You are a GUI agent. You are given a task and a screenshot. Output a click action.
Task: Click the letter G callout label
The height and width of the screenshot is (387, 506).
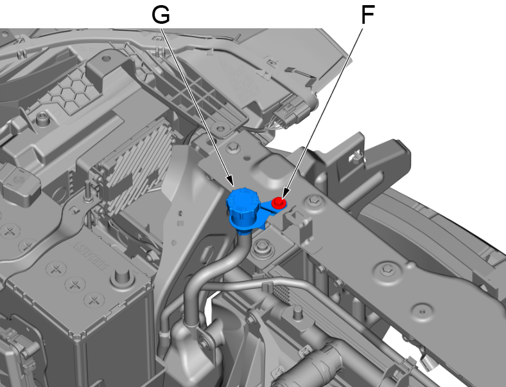(x=161, y=15)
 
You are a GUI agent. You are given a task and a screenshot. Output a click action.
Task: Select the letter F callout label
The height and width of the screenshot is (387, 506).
(x=367, y=15)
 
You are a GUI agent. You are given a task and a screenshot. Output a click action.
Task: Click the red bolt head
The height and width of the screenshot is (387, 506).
(x=279, y=203)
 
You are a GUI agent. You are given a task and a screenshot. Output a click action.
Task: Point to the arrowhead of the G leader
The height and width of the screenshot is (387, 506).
(x=231, y=181)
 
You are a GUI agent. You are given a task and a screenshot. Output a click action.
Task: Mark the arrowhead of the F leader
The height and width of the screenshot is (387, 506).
(x=285, y=193)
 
